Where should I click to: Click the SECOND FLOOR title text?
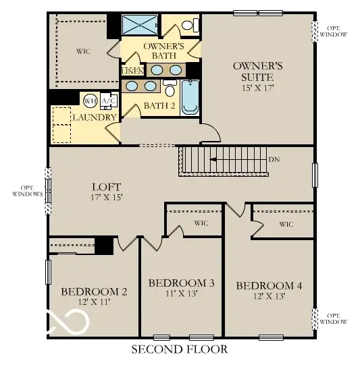[179, 349]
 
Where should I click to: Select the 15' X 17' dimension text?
[257, 88]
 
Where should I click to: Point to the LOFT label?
[106, 187]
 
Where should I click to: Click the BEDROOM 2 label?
[94, 292]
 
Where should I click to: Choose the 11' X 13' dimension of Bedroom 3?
[181, 294]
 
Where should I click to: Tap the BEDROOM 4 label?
[269, 286]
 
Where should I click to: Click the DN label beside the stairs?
[274, 160]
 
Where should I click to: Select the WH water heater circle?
[91, 101]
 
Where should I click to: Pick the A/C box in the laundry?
[108, 101]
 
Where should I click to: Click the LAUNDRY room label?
[97, 117]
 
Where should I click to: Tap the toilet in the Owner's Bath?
[189, 26]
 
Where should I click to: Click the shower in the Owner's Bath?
[140, 25]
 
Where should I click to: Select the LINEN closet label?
[132, 70]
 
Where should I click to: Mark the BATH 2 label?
[159, 106]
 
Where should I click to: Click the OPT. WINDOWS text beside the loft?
[27, 190]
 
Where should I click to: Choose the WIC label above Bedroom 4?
[286, 224]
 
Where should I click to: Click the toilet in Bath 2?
[170, 89]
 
